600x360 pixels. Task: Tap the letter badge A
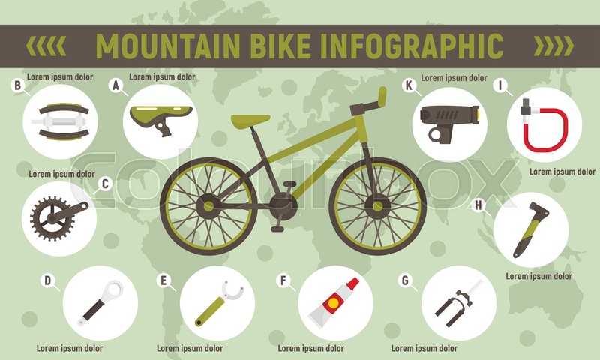pyautogui.click(x=115, y=85)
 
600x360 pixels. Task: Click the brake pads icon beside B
pyautogui.click(x=60, y=121)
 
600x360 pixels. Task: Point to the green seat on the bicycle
pyautogui.click(x=250, y=120)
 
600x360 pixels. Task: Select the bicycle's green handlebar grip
pyautogui.click(x=382, y=96)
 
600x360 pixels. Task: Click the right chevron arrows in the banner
pyautogui.click(x=552, y=46)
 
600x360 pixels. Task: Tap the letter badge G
pyautogui.click(x=406, y=281)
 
